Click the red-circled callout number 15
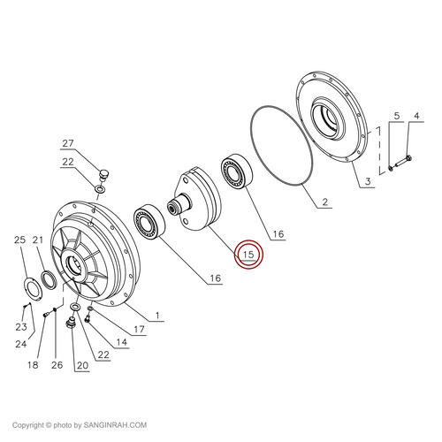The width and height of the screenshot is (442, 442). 248,254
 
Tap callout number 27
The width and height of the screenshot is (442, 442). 68,143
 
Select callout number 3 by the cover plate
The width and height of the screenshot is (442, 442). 368,181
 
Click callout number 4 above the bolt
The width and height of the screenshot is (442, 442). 397,116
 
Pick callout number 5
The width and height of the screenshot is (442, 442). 397,116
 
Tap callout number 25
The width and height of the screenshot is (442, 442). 20,240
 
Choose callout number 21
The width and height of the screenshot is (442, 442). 38,240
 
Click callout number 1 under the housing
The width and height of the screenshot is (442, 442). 157,316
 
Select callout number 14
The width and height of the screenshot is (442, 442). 121,342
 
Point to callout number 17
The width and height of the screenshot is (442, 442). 139,329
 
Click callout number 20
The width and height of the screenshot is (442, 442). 82,365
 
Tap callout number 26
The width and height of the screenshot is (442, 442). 57,365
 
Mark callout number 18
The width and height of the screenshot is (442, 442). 33,365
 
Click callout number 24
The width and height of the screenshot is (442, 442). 21,344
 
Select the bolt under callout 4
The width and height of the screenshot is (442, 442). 401,162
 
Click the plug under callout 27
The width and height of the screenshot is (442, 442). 103,174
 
